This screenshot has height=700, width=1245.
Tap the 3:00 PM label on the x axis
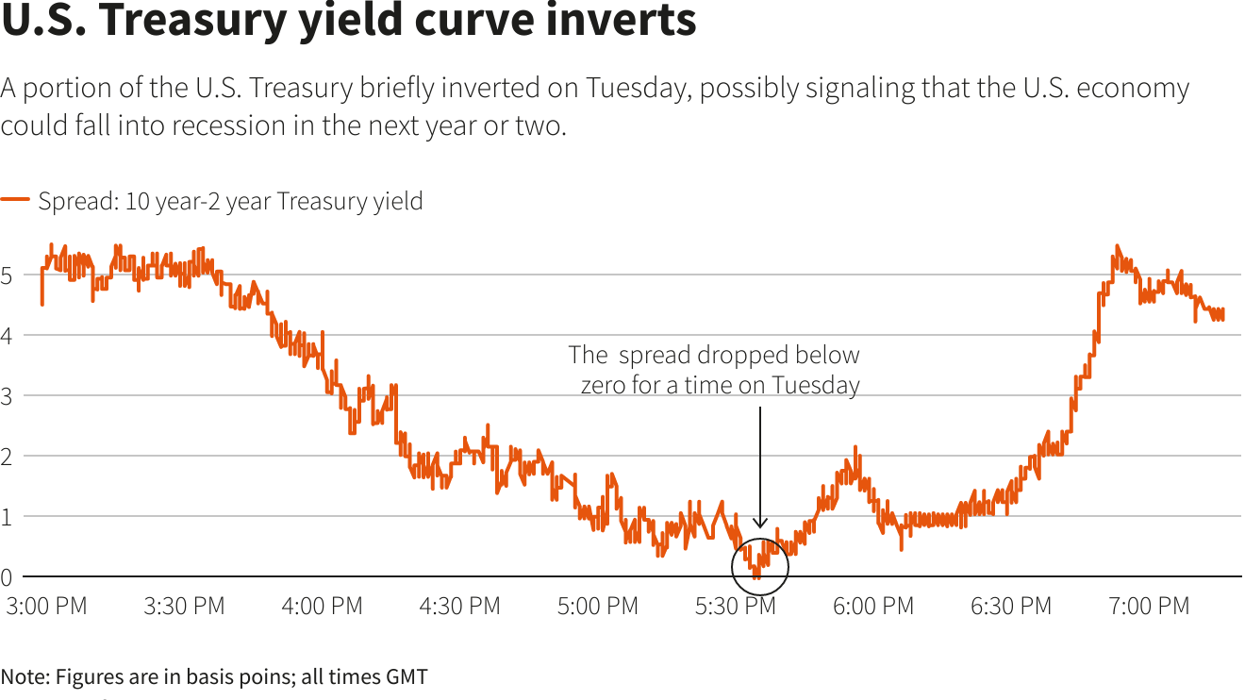pyautogui.click(x=46, y=606)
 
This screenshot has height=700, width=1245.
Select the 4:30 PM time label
pyautogui.click(x=459, y=606)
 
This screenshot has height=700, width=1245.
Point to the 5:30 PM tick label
pyautogui.click(x=736, y=606)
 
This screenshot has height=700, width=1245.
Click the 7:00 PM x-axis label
pyautogui.click(x=1149, y=606)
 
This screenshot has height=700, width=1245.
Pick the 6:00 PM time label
pyautogui.click(x=873, y=606)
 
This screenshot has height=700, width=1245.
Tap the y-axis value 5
pyautogui.click(x=7, y=275)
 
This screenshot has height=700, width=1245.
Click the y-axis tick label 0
pyautogui.click(x=7, y=576)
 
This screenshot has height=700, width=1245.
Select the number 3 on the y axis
pyautogui.click(x=7, y=396)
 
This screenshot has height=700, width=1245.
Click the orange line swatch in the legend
pyautogui.click(x=15, y=201)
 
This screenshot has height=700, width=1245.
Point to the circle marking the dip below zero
pyautogui.click(x=759, y=566)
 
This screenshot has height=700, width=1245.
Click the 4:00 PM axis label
pyautogui.click(x=322, y=606)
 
